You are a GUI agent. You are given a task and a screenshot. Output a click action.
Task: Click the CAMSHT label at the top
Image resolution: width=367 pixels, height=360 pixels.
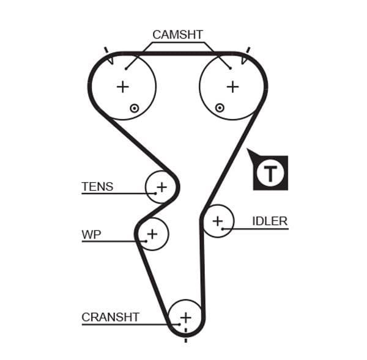tap(177, 35)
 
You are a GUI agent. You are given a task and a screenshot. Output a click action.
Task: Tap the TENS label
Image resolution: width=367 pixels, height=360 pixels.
tap(97, 186)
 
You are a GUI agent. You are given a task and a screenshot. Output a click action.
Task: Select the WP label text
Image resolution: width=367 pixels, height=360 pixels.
tap(91, 234)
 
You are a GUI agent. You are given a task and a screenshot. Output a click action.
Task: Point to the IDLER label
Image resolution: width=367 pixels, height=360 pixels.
tap(269, 221)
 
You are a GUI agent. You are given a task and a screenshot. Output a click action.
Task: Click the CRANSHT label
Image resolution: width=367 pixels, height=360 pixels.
tap(110, 317)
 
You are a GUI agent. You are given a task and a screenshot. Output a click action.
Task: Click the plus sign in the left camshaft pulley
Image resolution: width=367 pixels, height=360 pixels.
tap(123, 87)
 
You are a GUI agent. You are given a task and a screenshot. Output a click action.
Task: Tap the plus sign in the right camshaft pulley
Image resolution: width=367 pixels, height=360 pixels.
tap(232, 87)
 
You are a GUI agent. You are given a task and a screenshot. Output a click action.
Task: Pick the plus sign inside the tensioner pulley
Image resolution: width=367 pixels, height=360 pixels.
tap(161, 186)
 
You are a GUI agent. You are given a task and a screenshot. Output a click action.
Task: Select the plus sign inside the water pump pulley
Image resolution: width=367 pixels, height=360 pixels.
tap(152, 233)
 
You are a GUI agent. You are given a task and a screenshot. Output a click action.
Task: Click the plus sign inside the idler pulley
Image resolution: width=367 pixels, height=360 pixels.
tap(218, 221)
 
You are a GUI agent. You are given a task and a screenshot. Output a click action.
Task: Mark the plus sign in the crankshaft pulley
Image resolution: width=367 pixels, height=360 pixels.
tap(185, 317)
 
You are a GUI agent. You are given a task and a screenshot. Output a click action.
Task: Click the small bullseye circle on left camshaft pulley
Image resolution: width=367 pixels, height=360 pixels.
tap(134, 108)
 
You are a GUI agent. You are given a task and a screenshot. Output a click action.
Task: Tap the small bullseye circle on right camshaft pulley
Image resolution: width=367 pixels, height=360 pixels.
tap(220, 108)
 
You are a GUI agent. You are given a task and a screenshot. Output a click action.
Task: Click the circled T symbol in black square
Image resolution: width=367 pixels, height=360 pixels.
tap(270, 173)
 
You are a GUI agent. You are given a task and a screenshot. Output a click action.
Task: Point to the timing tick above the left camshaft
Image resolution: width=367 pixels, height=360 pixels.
tap(106, 50)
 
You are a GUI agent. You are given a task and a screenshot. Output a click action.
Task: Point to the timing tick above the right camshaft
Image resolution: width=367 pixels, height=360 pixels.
tap(248, 50)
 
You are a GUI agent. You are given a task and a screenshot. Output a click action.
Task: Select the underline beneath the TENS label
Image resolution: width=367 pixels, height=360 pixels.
tap(116, 194)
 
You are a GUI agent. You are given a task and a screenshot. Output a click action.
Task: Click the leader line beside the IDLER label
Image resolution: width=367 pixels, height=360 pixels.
tap(257, 229)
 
